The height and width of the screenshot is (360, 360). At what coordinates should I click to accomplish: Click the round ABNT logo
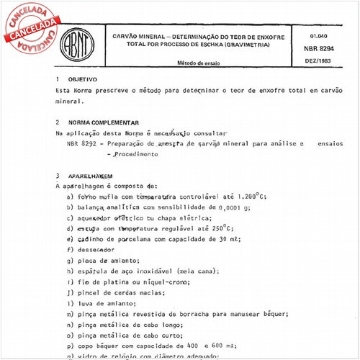coord(76,42)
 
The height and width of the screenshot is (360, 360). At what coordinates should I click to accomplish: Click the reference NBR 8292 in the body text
coord(82,144)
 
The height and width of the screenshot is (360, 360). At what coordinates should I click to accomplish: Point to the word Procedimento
coord(135,154)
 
